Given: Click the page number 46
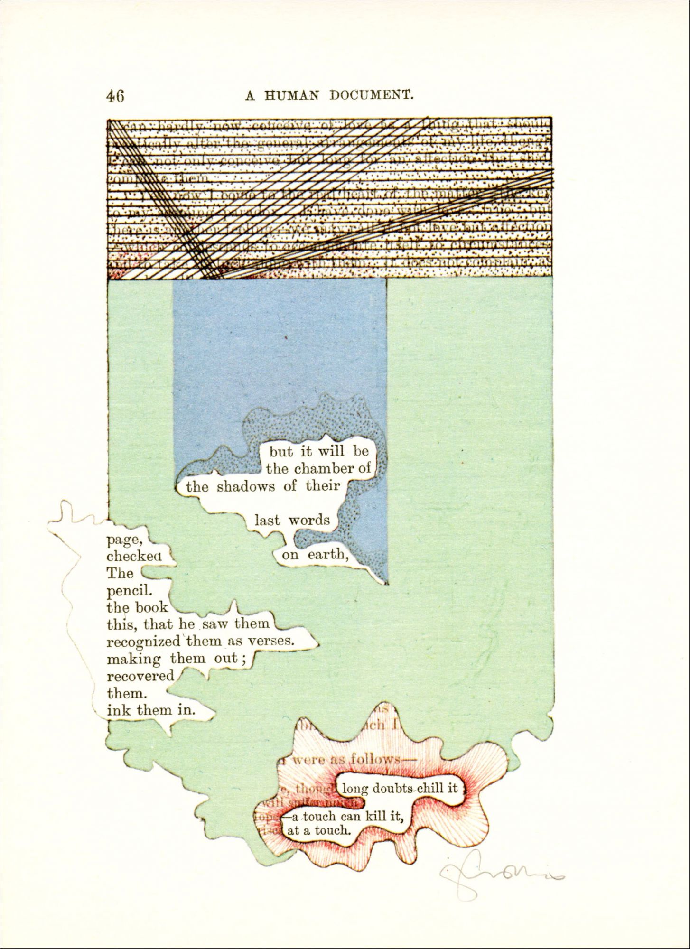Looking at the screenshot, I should coord(115,96).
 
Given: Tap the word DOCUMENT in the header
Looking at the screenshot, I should coord(371,95).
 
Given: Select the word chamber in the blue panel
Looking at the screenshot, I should coord(324,469).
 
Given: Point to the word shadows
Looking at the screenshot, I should coord(247,486).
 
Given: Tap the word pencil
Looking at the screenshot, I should coord(129,591).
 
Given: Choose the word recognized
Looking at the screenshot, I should coord(144,642).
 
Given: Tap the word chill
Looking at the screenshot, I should coord(430,788).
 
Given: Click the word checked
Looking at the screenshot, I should coord(134,556).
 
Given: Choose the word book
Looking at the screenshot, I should coord(151,608).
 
